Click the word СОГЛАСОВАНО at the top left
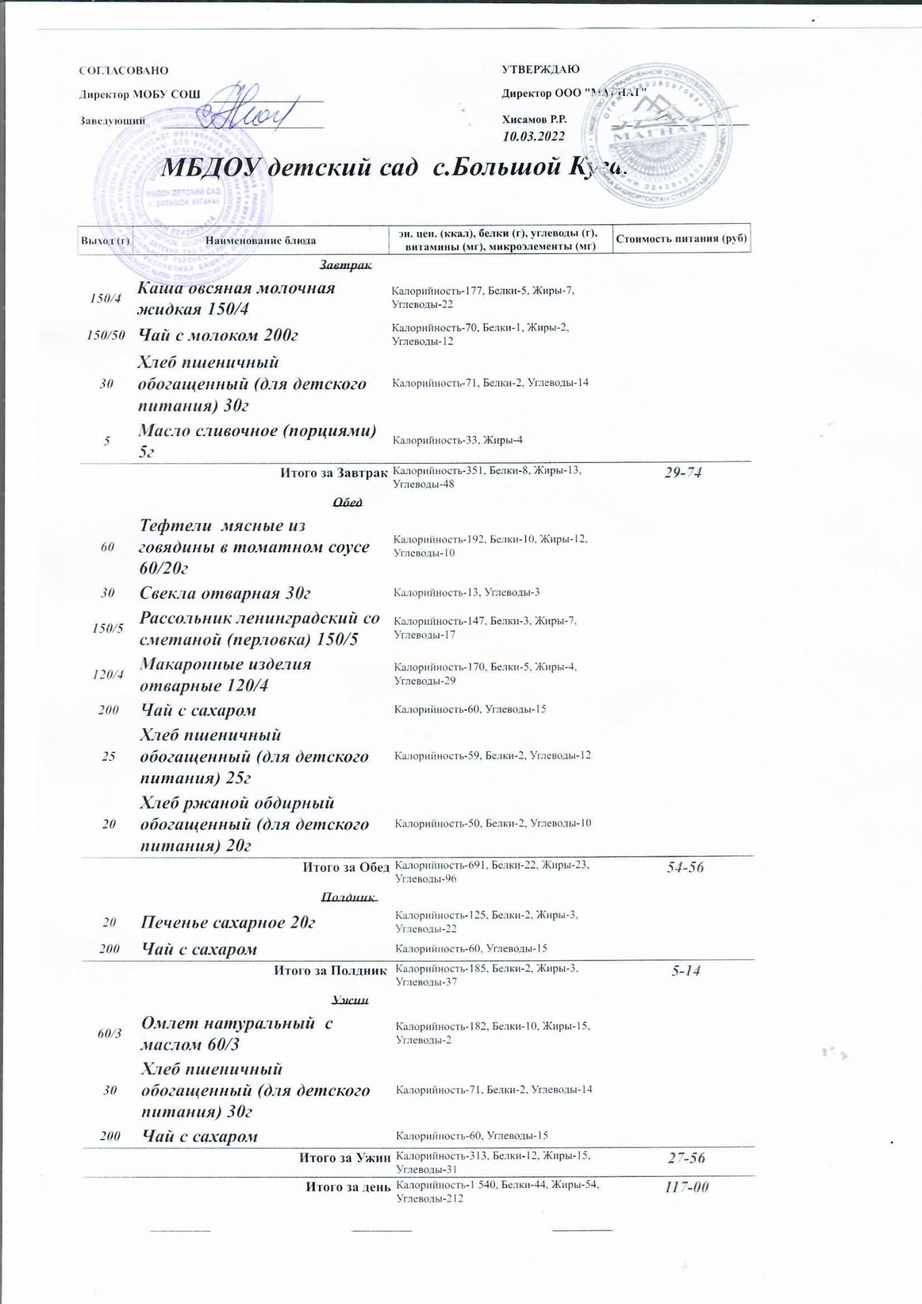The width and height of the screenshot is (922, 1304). (x=123, y=70)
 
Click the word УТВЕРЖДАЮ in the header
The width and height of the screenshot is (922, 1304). (x=541, y=70)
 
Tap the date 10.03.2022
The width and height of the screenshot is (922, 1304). (x=533, y=136)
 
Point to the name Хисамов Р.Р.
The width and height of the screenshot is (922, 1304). (x=534, y=119)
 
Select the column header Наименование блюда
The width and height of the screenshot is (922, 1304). (x=261, y=241)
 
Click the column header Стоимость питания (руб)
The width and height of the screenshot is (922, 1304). (x=681, y=238)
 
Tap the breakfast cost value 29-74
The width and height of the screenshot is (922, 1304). (x=683, y=473)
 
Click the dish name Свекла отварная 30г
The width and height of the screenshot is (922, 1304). (x=225, y=593)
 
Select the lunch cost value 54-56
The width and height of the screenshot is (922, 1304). (x=685, y=867)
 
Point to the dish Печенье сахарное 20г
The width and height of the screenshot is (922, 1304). (x=228, y=923)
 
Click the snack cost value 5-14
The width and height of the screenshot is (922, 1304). (x=686, y=971)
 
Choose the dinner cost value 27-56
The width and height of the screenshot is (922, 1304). (x=687, y=1158)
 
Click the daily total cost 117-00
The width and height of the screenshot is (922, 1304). (x=687, y=1187)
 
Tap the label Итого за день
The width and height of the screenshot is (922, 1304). (x=348, y=1187)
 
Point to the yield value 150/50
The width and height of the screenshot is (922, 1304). (x=106, y=335)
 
